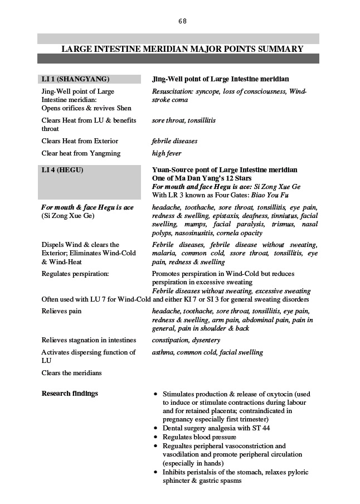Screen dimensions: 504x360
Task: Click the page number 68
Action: (x=182, y=21)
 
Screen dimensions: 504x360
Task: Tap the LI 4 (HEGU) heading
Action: (x=62, y=170)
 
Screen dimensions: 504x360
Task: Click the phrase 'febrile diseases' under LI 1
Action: (x=174, y=142)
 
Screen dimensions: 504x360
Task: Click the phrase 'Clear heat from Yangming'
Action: (x=81, y=153)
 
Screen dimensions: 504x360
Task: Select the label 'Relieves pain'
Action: (x=61, y=311)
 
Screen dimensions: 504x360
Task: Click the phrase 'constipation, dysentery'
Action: (x=186, y=340)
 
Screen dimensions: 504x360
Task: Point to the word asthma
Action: (x=163, y=352)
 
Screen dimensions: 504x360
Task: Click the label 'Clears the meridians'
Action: (x=71, y=372)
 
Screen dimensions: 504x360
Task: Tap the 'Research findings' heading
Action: (x=70, y=394)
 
